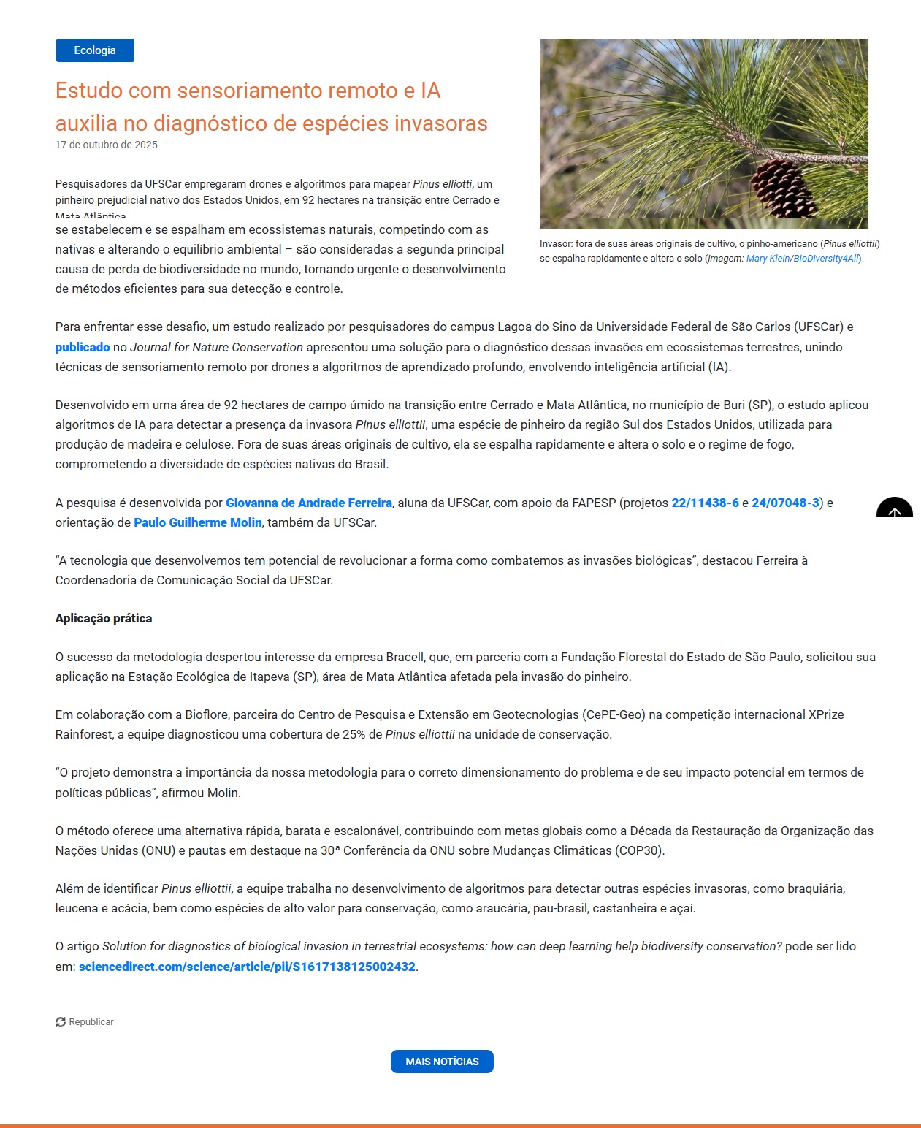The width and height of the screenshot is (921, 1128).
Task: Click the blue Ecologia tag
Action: (95, 50)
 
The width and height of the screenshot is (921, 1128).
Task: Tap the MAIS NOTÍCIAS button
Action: (442, 1062)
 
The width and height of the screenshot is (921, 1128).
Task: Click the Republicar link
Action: (91, 1022)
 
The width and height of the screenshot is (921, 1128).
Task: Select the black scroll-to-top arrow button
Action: (894, 508)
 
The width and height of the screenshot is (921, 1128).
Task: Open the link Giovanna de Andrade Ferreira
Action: (309, 503)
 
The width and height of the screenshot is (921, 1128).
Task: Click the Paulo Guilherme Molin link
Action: (197, 522)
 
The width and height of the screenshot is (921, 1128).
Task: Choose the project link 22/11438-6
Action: (705, 503)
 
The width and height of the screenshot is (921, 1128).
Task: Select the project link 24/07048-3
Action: (785, 503)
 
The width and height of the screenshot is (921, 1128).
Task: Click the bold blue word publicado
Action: (83, 347)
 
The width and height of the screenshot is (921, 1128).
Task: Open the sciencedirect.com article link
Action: (247, 967)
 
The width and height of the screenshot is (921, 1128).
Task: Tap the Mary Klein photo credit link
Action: (767, 259)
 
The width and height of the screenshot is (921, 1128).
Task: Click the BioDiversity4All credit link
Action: (826, 259)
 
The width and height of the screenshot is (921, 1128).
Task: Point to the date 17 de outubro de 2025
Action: (107, 145)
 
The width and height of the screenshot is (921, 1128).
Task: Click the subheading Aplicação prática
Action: (104, 618)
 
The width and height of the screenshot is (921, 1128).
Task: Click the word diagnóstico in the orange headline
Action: (210, 123)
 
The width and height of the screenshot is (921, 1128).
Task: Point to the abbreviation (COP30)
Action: (639, 850)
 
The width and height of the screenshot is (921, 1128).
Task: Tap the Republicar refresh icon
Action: (61, 1022)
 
